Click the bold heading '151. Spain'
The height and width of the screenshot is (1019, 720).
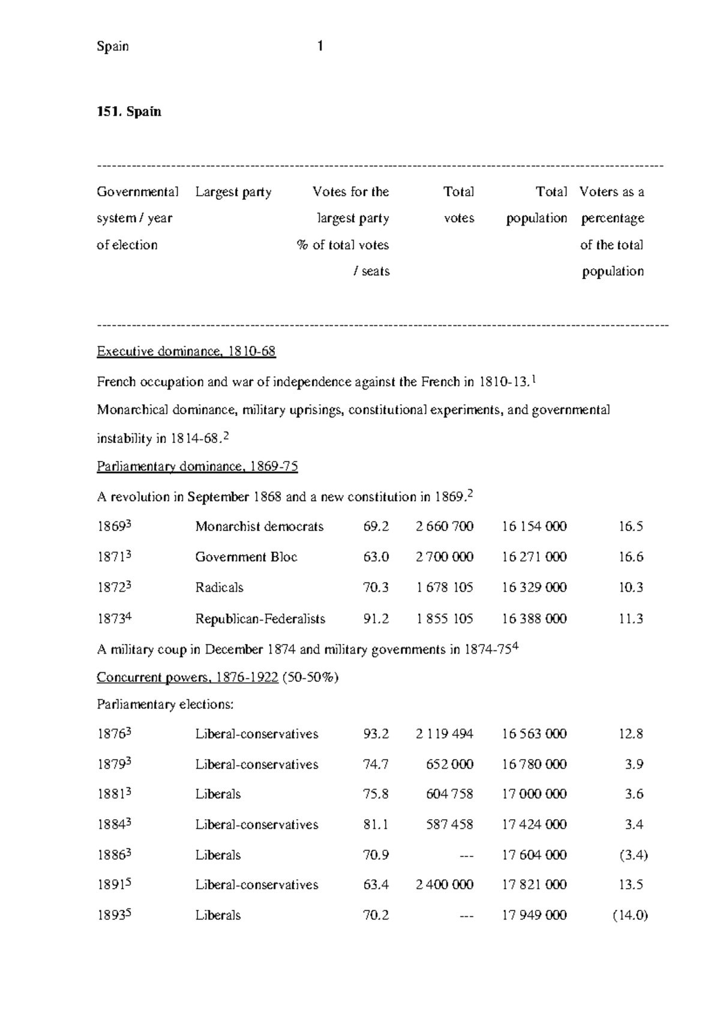pyautogui.click(x=129, y=112)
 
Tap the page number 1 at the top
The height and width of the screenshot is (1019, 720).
pyautogui.click(x=320, y=46)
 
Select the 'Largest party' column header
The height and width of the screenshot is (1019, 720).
pyautogui.click(x=233, y=192)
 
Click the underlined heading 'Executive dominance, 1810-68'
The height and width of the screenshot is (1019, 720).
pyautogui.click(x=186, y=352)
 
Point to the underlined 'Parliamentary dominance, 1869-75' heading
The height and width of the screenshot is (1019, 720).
pyautogui.click(x=197, y=467)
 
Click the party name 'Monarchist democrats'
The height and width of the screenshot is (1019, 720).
pyautogui.click(x=259, y=527)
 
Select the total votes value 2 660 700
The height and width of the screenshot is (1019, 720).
pyautogui.click(x=444, y=527)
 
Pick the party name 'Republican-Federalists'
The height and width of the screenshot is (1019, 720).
pyautogui.click(x=260, y=619)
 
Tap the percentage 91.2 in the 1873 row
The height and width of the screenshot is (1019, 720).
pyautogui.click(x=376, y=619)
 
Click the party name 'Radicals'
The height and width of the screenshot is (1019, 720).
pyautogui.click(x=220, y=588)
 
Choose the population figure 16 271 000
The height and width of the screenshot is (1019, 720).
pyautogui.click(x=534, y=557)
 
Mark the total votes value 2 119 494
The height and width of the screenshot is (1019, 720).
pyautogui.click(x=444, y=734)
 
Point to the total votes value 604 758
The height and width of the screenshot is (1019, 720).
pyautogui.click(x=449, y=794)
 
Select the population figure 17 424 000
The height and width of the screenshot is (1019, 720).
pyautogui.click(x=534, y=825)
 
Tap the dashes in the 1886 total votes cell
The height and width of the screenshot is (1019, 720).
pyautogui.click(x=466, y=855)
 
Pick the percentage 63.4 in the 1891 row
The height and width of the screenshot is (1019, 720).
pyautogui.click(x=376, y=885)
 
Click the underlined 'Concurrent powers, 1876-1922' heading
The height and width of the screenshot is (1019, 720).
pyautogui.click(x=187, y=678)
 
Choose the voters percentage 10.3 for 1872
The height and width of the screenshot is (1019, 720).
pyautogui.click(x=631, y=588)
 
